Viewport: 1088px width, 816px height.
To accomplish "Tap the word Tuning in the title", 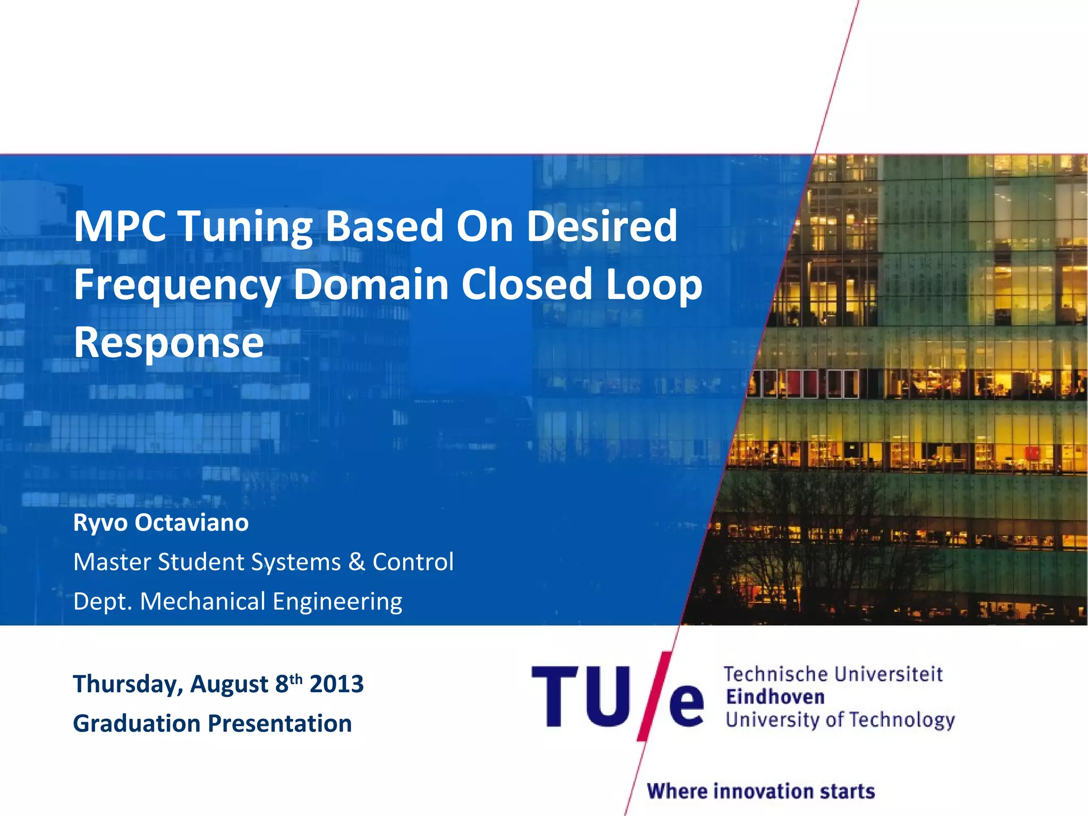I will [x=245, y=227].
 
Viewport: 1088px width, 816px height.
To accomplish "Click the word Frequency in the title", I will [x=176, y=285].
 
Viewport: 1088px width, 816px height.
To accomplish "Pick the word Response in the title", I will [x=168, y=343].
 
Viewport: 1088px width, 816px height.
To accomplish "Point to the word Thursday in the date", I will [x=128, y=684].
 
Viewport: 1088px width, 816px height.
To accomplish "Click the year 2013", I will [x=336, y=684].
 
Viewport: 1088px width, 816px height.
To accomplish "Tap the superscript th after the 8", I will [x=296, y=678].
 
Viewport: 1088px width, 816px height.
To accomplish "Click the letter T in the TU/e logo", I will [x=555, y=696].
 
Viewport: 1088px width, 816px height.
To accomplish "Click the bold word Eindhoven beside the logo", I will [x=775, y=697].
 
